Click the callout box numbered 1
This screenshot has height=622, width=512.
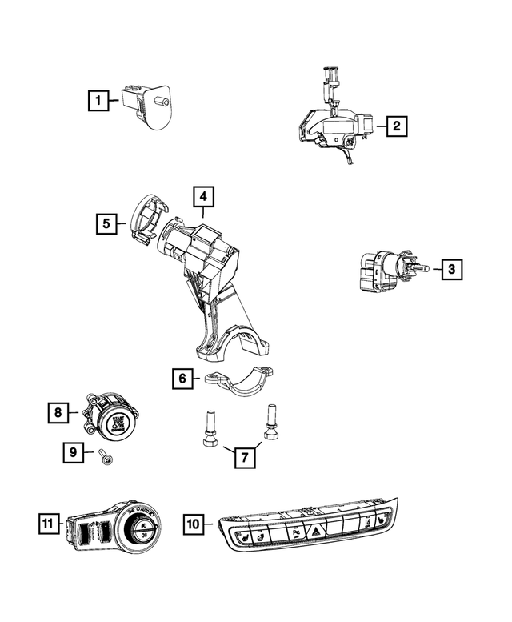pos(98,101)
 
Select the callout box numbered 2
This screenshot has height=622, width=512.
pos(395,126)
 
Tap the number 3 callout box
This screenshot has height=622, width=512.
pos(451,269)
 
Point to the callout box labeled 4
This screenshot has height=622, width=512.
pos(203,196)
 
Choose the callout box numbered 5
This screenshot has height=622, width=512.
pos(106,223)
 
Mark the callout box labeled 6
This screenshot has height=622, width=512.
pos(182,378)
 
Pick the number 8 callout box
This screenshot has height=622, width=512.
pos(58,413)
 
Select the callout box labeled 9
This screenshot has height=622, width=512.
pos(74,453)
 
